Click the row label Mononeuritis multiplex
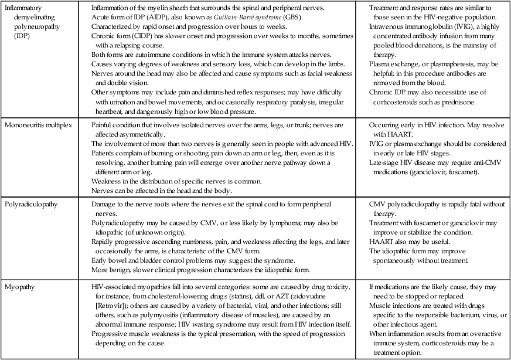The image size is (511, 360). tap(40, 125)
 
